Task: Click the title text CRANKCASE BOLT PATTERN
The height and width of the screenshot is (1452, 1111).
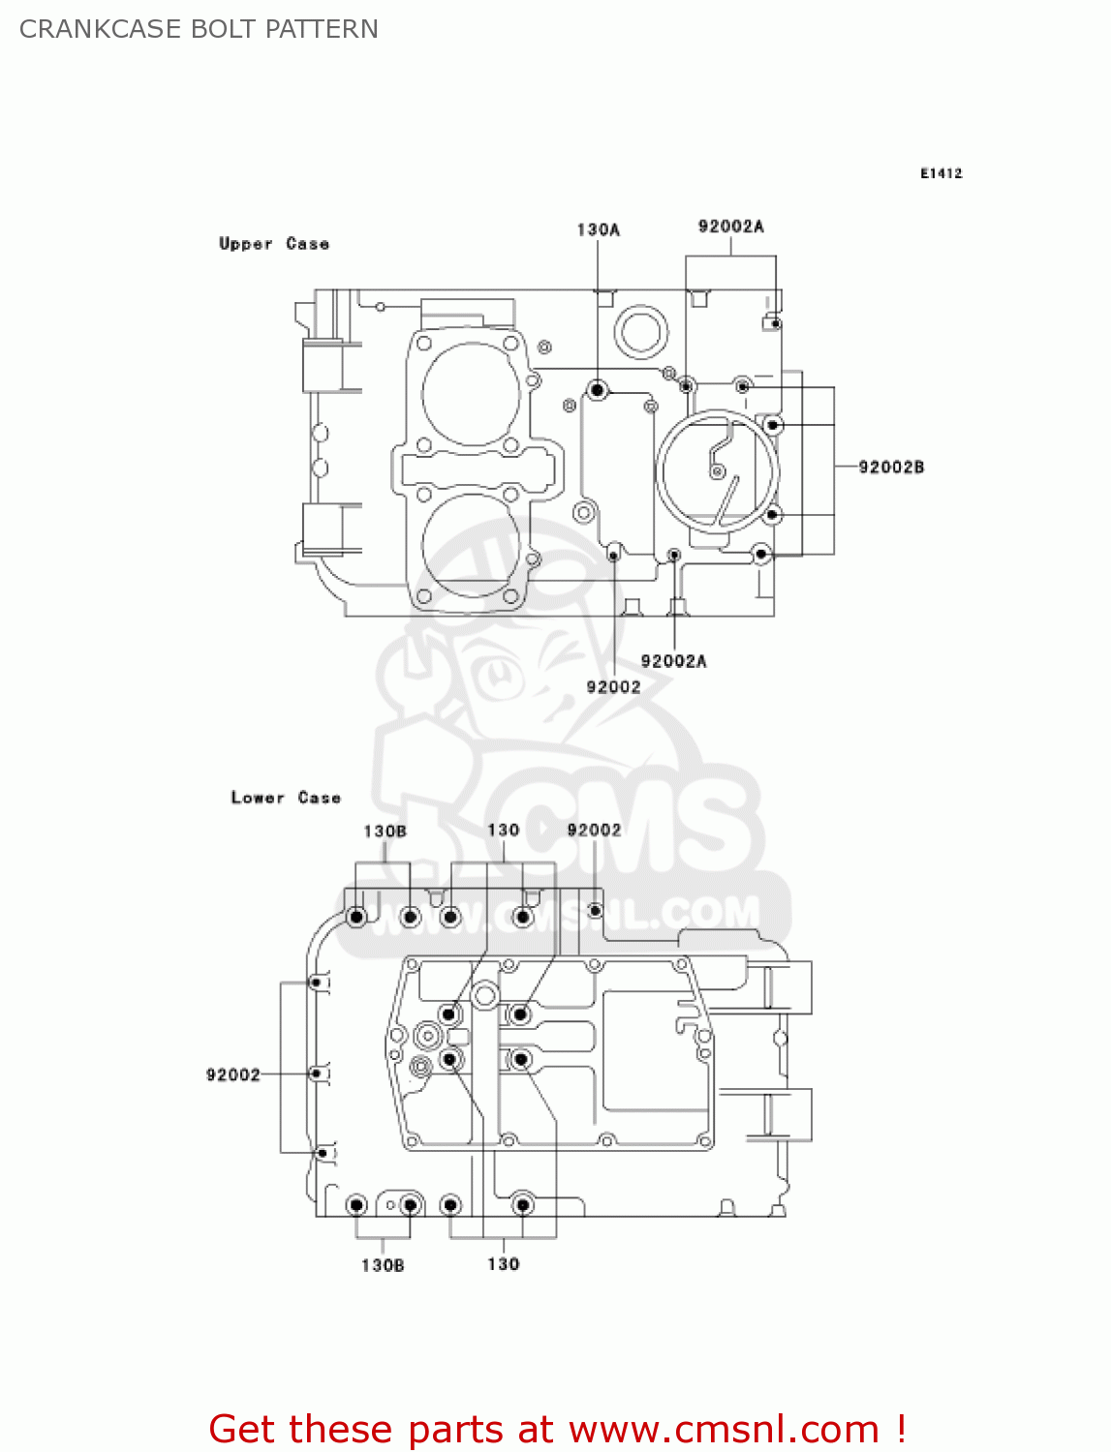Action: (x=199, y=29)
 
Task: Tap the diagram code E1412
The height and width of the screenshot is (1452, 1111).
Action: (x=941, y=173)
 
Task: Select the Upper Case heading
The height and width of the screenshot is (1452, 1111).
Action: (x=274, y=244)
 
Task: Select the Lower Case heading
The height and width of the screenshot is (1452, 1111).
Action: (x=286, y=798)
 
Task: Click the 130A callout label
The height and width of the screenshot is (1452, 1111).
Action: (x=598, y=229)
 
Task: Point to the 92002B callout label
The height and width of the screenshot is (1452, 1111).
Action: (x=891, y=467)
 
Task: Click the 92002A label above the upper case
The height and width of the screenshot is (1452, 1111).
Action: (x=730, y=227)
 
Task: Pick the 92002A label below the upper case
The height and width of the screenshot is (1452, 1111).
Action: (x=673, y=661)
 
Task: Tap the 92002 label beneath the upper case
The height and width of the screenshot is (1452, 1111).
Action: (x=613, y=686)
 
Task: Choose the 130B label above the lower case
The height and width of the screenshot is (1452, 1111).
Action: (x=385, y=831)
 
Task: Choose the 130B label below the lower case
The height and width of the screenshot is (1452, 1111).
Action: (x=383, y=1265)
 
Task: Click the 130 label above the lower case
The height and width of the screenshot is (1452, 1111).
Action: (x=503, y=830)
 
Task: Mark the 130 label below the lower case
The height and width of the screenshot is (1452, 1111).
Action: (x=503, y=1264)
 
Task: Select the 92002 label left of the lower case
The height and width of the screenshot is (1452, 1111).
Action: (x=232, y=1074)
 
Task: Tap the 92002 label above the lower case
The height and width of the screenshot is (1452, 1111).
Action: (x=594, y=830)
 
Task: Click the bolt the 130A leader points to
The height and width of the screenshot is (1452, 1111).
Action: (x=598, y=390)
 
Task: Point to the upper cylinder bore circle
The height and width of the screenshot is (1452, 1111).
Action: (x=471, y=394)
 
